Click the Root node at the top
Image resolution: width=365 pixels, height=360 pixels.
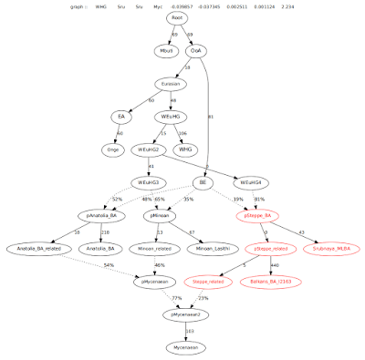(x=177, y=17)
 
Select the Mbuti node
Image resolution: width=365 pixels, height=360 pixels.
(x=165, y=51)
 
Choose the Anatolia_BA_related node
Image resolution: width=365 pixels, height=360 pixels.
(x=43, y=249)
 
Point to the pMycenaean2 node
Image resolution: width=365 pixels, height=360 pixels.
(x=183, y=314)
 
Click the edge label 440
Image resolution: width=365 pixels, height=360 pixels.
(x=273, y=265)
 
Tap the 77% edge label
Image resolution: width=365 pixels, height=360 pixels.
(x=177, y=298)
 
